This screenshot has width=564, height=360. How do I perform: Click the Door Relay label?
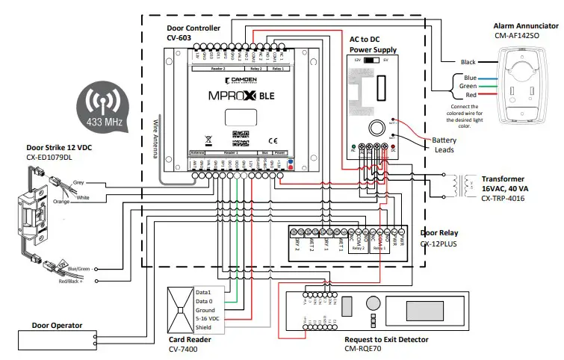pos(439,234)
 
